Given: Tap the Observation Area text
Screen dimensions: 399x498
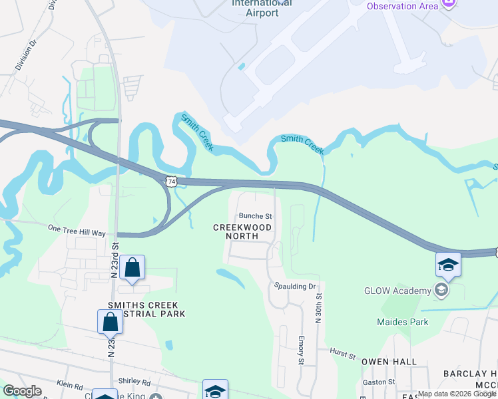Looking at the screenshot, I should point(402,6).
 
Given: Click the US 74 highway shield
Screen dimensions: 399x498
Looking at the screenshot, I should point(172,181).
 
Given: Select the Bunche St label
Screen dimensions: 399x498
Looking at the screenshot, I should point(256,216).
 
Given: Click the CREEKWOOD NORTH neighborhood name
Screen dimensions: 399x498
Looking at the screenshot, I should point(242,231).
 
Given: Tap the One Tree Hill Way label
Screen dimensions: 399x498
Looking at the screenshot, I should point(77,233).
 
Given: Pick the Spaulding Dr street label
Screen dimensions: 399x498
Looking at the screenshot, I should point(295,286).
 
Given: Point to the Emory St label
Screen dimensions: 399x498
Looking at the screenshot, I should point(301,350).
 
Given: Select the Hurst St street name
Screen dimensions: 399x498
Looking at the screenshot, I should point(344,353).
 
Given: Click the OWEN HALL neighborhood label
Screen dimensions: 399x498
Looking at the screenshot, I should point(389,362).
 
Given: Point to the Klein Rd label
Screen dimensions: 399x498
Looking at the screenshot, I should point(69,385).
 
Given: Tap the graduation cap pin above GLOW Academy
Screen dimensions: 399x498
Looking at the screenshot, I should point(448,265).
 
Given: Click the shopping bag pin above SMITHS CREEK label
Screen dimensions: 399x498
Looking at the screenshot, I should point(132,268).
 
